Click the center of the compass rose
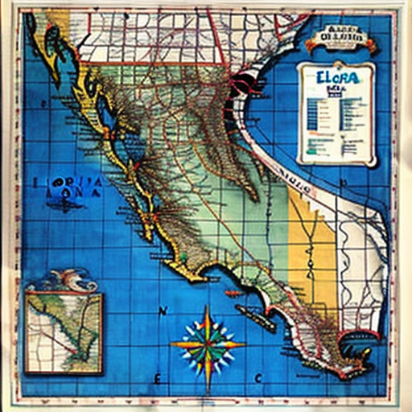[x=207, y=344]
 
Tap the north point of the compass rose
[x=207, y=310]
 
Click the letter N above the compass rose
[x=163, y=311]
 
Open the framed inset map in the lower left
[x=64, y=331]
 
